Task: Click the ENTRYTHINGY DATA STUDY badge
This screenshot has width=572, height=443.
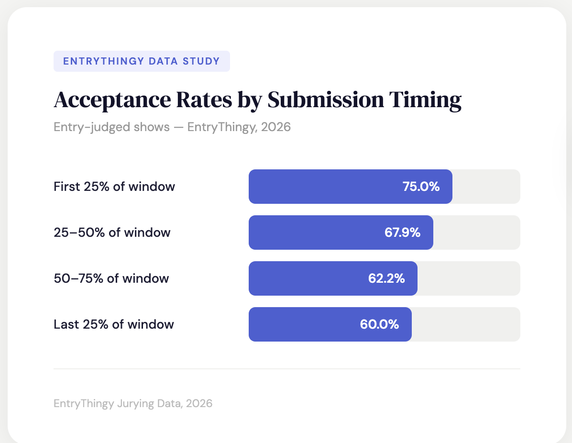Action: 142,61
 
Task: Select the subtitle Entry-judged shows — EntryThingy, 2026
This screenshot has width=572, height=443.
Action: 172,128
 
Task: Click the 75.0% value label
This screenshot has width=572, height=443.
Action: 421,187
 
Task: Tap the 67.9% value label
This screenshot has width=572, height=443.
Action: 402,233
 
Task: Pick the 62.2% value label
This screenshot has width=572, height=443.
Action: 386,278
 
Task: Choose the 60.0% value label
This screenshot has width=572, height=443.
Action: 379,324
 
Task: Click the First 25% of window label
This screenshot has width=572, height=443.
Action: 114,187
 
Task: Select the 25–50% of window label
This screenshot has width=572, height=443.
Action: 112,233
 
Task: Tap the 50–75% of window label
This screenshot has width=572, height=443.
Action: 111,278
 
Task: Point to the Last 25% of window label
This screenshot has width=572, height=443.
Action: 114,324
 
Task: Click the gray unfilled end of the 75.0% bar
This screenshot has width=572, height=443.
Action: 486,187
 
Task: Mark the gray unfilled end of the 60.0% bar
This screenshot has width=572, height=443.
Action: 466,324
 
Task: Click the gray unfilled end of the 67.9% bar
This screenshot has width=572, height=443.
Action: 477,233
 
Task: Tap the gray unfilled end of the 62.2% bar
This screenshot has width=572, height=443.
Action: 469,278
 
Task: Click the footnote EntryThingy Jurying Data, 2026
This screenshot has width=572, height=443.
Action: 133,403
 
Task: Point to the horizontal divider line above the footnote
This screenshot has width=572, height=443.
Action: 287,369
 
